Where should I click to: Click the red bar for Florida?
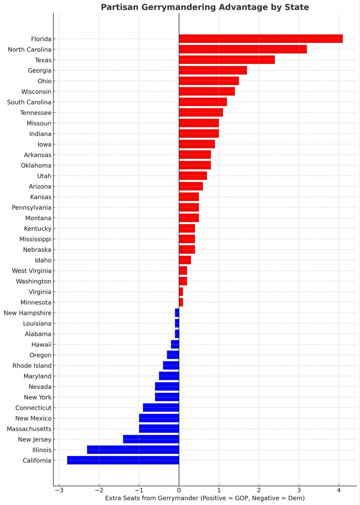[x=261, y=39]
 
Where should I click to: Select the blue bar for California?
[x=123, y=460]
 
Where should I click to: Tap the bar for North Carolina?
[x=243, y=49]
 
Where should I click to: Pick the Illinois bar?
[x=133, y=450]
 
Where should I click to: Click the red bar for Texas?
[x=227, y=60]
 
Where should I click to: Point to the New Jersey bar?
[x=151, y=439]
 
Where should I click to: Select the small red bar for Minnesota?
[x=181, y=302]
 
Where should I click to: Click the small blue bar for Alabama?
[x=177, y=334]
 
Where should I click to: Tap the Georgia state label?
[x=40, y=71]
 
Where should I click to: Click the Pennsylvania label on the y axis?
[x=32, y=207]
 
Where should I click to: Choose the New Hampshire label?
[x=27, y=313]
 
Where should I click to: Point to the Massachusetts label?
[x=29, y=429]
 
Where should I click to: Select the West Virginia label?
[x=32, y=271]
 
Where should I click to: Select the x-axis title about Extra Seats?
[x=205, y=498]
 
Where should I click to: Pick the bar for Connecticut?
[x=161, y=408]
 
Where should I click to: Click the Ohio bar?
[x=209, y=81]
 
